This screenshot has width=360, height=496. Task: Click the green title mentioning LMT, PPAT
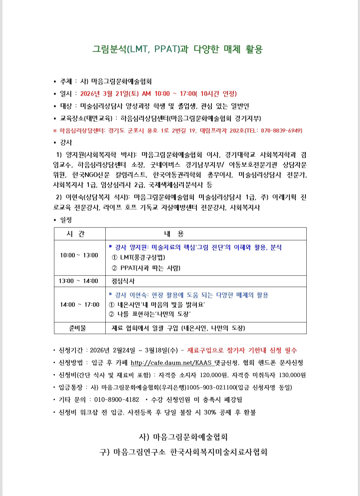click(177, 49)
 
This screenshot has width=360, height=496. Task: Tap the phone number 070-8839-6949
click(281, 130)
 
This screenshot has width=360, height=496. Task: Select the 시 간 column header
click(76, 234)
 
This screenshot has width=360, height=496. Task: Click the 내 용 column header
click(174, 234)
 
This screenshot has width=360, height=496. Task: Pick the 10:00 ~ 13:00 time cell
click(79, 256)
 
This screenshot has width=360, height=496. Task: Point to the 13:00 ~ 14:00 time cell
click(78, 281)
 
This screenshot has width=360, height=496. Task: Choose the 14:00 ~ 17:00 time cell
click(80, 305)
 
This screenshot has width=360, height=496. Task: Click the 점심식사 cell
click(123, 281)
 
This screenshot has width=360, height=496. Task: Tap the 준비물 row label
click(78, 328)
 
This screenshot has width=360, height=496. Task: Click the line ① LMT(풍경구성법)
click(138, 257)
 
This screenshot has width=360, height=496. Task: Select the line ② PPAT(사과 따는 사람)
click(146, 268)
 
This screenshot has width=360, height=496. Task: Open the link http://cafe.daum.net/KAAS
click(171, 363)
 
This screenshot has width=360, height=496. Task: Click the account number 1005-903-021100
click(211, 387)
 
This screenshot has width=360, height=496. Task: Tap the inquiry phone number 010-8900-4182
click(116, 400)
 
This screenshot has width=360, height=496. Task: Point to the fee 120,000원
click(213, 375)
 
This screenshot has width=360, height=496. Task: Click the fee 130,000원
click(292, 375)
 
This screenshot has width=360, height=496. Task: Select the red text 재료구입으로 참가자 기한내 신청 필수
click(242, 350)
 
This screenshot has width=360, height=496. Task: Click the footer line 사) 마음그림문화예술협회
click(183, 437)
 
